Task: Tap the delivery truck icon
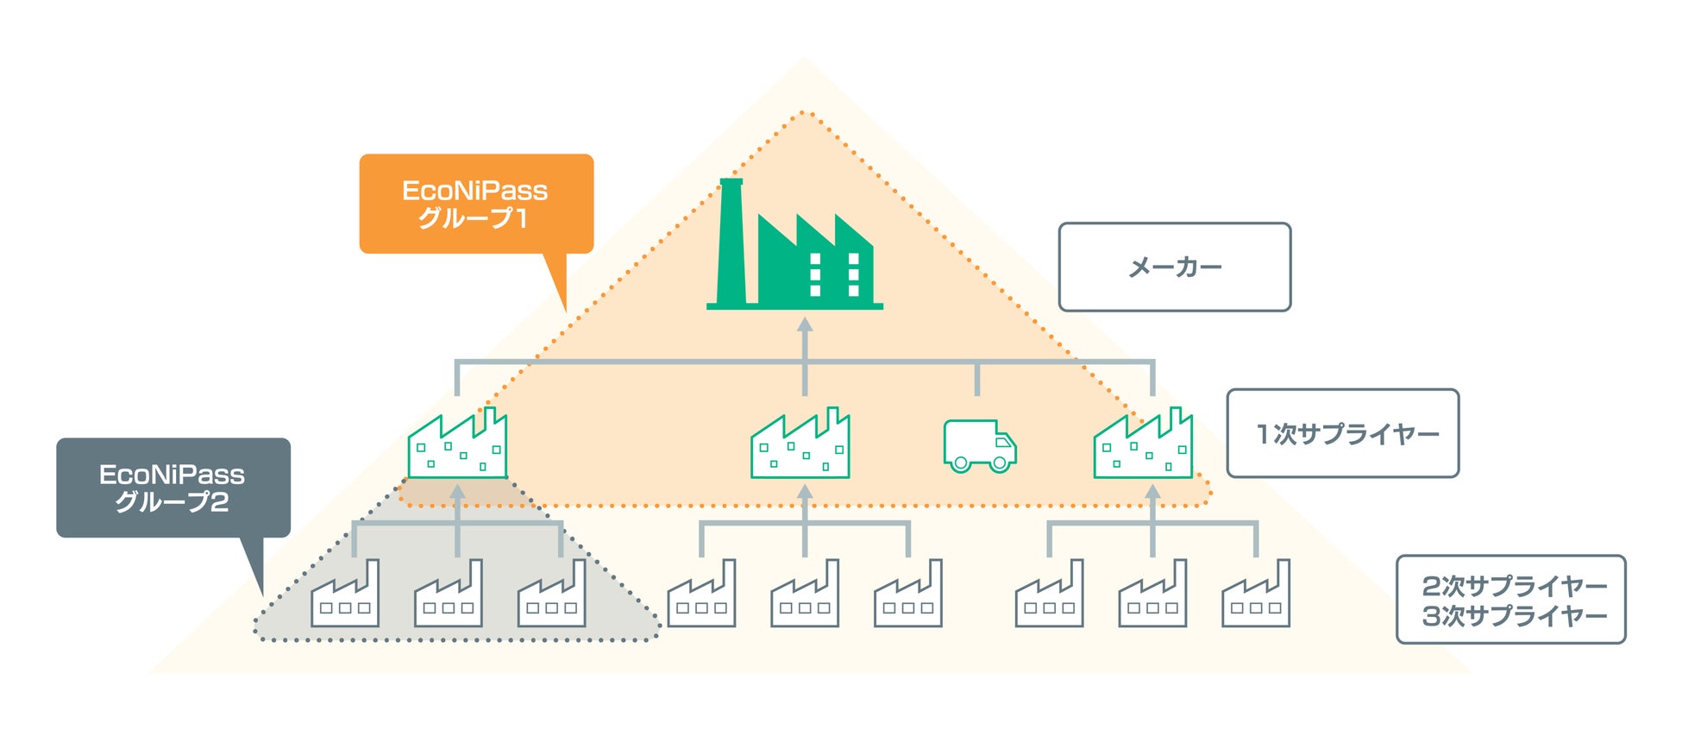pyautogui.click(x=980, y=445)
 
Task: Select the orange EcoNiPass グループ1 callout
pyautogui.click(x=476, y=204)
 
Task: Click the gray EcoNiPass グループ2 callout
pyautogui.click(x=173, y=488)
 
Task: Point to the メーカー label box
pyautogui.click(x=1174, y=267)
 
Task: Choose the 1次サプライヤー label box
pyautogui.click(x=1342, y=433)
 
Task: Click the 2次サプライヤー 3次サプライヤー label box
pyautogui.click(x=1510, y=600)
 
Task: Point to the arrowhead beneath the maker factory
pyautogui.click(x=805, y=325)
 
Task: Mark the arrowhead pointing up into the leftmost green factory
pyautogui.click(x=458, y=493)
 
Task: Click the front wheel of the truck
pyautogui.click(x=1000, y=463)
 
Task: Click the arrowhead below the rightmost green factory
pyautogui.click(x=1152, y=493)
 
